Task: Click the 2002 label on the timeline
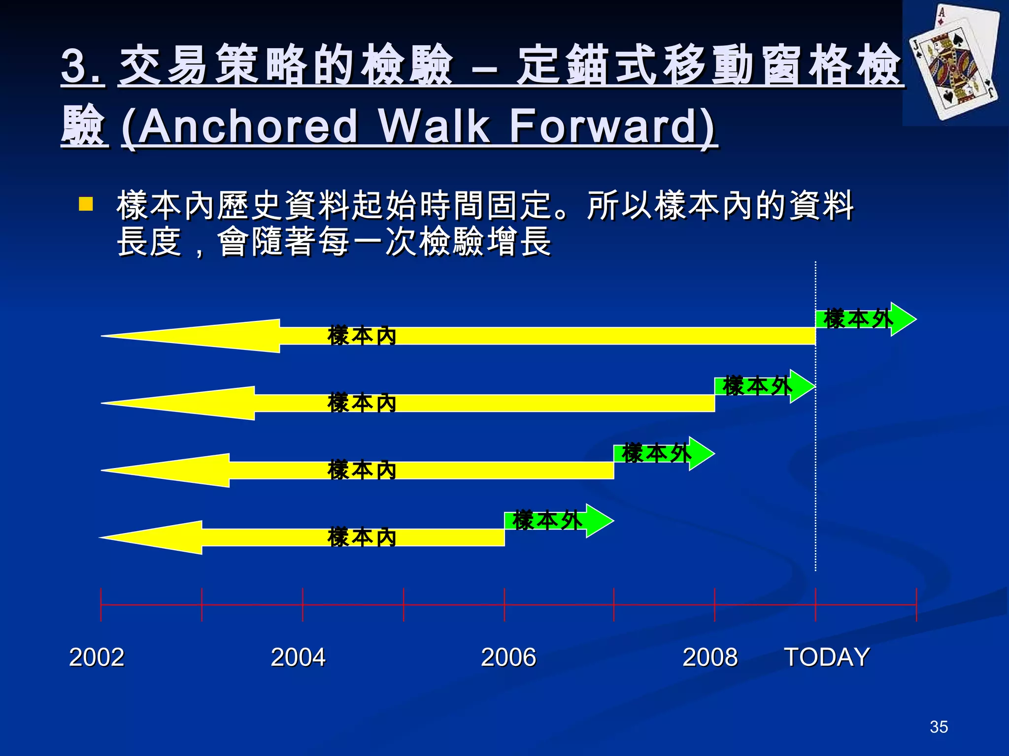coord(97,657)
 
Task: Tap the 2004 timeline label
coord(298,657)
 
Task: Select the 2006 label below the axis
coord(508,657)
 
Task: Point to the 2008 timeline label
coord(710,657)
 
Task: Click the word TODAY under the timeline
coord(827,657)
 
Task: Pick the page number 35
coord(939,727)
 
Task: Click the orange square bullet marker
coord(86,204)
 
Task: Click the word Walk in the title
coord(434,126)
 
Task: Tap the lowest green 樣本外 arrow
coord(557,521)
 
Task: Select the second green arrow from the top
coord(764,386)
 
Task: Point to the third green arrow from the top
coord(663,453)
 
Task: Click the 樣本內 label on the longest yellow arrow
coord(362,336)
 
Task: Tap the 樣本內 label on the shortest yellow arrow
coord(362,537)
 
